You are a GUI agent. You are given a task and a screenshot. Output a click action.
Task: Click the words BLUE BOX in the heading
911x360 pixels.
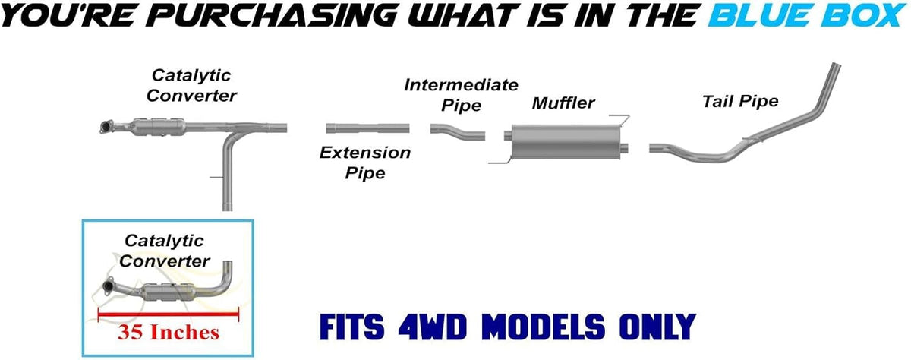(x=808, y=15)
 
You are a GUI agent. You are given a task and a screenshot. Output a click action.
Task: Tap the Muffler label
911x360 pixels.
(x=563, y=103)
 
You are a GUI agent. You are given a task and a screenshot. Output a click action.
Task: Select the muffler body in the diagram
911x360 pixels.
(x=566, y=141)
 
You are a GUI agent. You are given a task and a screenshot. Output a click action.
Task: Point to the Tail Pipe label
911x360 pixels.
(x=741, y=101)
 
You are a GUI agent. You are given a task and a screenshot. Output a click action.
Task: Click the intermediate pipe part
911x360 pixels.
(x=458, y=132)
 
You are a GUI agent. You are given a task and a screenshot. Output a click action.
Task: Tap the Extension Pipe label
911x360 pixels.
(x=365, y=163)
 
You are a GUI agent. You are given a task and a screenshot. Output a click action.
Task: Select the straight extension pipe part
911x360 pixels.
(x=367, y=128)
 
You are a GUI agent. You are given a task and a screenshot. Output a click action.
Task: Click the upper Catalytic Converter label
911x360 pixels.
(x=191, y=85)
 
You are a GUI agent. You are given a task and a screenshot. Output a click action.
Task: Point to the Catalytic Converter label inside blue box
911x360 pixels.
(x=164, y=251)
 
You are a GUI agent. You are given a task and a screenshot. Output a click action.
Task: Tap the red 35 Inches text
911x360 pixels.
(x=169, y=333)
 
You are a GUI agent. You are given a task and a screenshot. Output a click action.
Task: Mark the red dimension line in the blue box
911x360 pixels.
(x=169, y=314)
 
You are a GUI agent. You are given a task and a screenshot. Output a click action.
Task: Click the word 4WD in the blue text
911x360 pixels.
(x=432, y=327)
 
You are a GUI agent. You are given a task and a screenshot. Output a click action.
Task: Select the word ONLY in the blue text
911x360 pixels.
(x=658, y=327)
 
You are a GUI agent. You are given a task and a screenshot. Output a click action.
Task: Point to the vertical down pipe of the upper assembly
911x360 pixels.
(x=227, y=175)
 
